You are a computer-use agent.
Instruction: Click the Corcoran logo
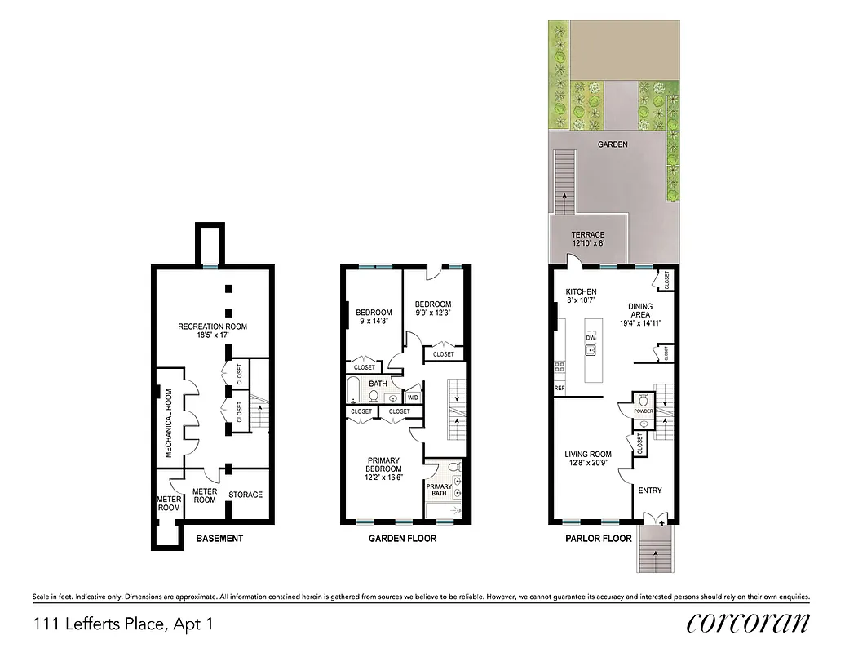coord(748,623)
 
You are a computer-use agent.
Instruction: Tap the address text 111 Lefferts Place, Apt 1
coord(123,624)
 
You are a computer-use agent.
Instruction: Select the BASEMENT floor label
coord(219,539)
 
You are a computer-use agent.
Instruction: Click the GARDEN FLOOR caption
coord(402,539)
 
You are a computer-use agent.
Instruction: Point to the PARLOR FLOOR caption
coord(598,539)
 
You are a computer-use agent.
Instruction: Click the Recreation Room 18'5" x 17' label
coord(212,331)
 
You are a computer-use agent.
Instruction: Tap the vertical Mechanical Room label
coord(169,423)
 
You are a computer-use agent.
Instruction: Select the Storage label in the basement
coord(246,495)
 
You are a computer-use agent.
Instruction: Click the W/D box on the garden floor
coord(413,398)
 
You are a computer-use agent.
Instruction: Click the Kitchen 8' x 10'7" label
coord(581,296)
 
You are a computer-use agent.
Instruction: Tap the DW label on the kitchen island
coord(591,336)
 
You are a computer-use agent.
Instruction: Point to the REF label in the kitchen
coord(560,388)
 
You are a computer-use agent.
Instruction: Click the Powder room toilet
coord(644,399)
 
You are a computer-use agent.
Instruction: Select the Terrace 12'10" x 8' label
coord(587,239)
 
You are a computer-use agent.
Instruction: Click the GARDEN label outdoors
coord(612,144)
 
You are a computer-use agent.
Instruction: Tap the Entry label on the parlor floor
coord(650,491)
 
